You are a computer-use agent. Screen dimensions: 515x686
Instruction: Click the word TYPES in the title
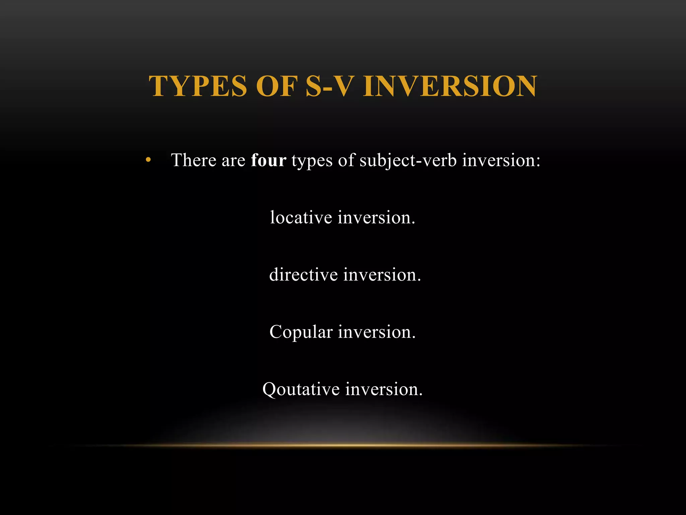click(198, 86)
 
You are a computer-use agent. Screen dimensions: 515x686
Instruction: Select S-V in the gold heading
click(330, 86)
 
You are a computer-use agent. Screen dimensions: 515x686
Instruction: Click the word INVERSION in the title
click(450, 86)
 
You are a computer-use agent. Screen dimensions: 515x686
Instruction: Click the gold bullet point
click(148, 160)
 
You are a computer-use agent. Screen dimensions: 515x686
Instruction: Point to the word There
click(194, 160)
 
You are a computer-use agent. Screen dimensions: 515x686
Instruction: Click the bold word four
click(268, 160)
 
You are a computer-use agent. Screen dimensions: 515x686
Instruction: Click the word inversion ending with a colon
click(501, 160)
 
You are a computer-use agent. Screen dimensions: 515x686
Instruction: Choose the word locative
click(301, 217)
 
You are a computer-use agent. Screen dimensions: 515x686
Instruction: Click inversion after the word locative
click(376, 217)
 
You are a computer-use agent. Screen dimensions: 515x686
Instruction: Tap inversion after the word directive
click(382, 275)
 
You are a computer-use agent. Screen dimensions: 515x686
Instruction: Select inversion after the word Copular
click(376, 332)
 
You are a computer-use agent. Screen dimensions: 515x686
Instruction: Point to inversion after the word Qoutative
click(384, 389)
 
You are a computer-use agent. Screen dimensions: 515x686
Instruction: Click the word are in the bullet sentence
click(233, 161)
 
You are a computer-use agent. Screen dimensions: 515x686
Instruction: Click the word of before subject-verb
click(346, 160)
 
